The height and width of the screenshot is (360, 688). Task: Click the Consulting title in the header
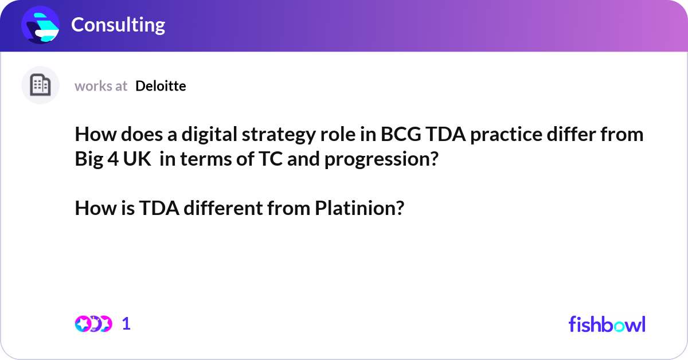tap(118, 25)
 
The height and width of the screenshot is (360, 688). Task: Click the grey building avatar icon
tap(40, 85)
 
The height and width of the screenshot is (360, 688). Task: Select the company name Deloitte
tap(161, 86)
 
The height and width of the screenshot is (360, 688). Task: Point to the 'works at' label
tap(101, 86)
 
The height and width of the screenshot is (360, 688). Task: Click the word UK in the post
tap(139, 159)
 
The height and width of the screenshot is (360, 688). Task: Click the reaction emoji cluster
tap(93, 324)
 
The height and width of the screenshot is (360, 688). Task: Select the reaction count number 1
tap(126, 324)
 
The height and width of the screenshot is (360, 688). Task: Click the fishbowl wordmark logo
tap(607, 324)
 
